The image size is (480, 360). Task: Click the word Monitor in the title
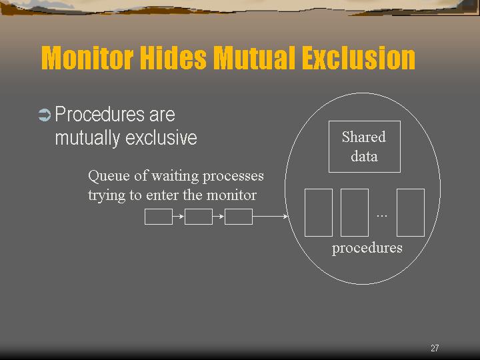coord(87,57)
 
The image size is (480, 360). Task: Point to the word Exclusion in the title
coord(359,57)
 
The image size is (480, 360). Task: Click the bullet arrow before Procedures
coord(45,115)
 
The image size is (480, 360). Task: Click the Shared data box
coord(364,147)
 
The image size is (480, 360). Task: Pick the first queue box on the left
coord(159,217)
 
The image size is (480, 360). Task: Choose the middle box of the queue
coord(199,217)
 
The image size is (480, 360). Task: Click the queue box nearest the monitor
coord(239,217)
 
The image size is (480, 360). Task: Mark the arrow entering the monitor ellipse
coord(270,217)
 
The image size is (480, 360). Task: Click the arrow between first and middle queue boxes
coord(179,217)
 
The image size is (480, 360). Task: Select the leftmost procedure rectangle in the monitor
coord(319,213)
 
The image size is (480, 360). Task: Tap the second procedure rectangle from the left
coord(355,213)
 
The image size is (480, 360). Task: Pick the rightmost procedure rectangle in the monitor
coord(411,213)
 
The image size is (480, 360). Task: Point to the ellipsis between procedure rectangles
coord(382,216)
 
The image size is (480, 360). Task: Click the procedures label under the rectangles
coord(367,248)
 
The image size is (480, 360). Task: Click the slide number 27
coord(435,348)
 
